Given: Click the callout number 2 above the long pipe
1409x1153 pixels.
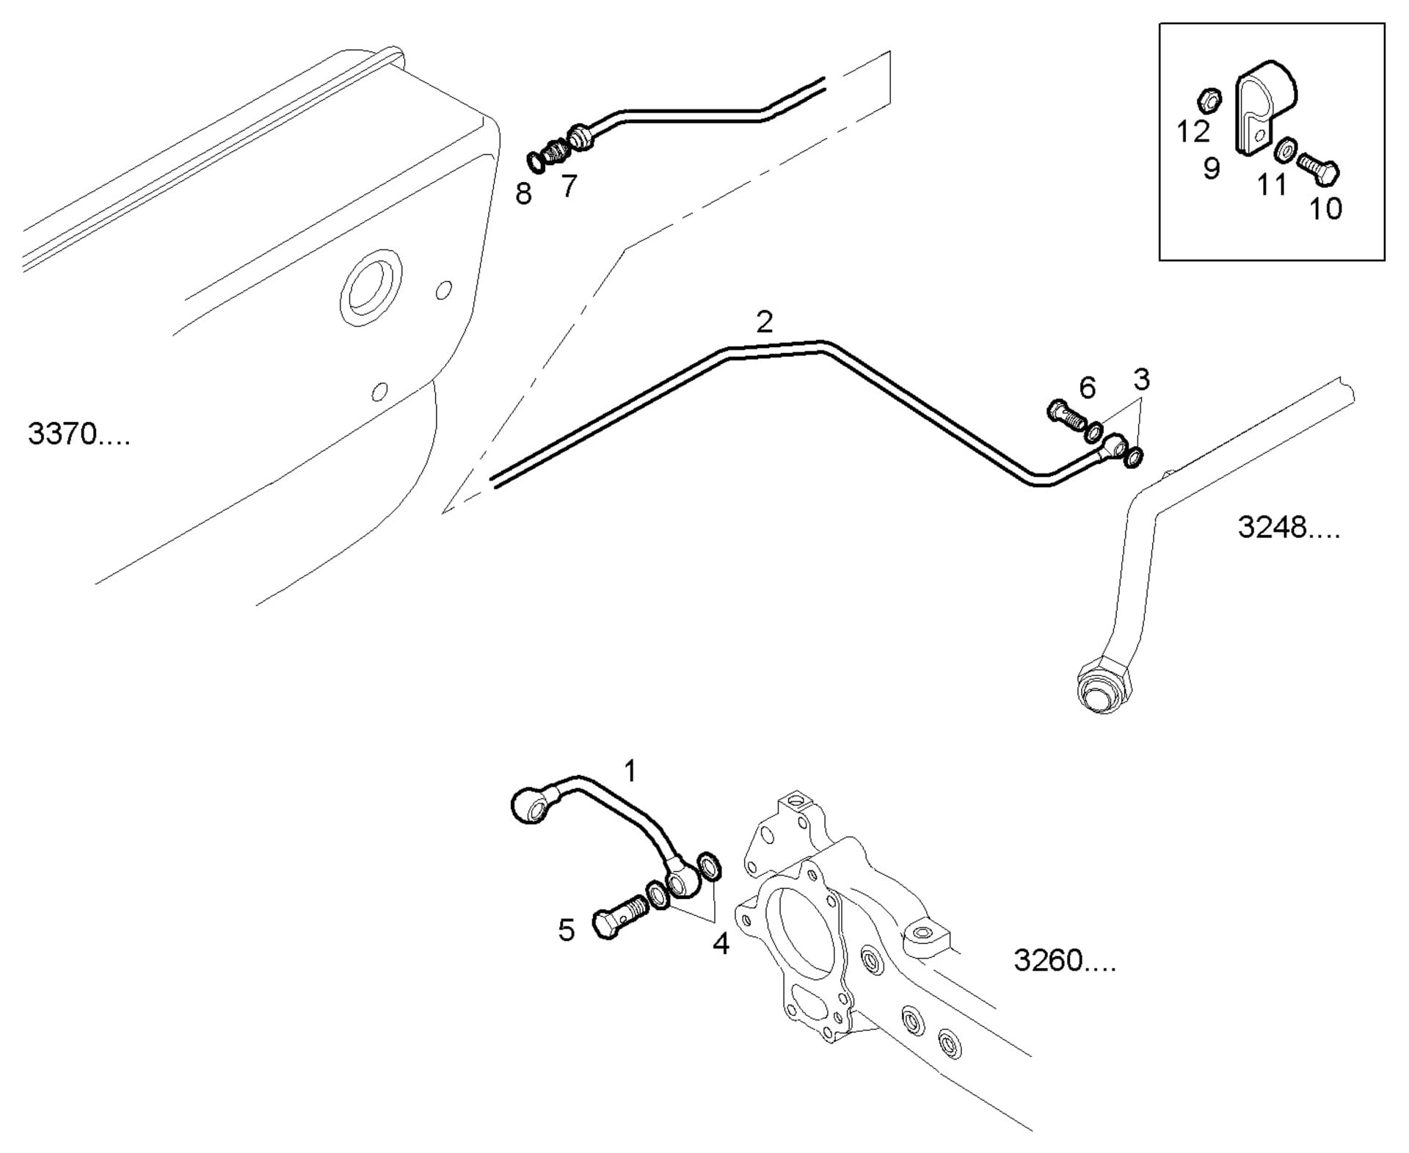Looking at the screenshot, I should pos(764,322).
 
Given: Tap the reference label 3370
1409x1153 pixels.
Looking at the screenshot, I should pos(79,434).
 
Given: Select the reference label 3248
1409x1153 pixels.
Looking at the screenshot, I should pos(1288,528).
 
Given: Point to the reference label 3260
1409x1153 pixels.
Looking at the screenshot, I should pos(1064,960).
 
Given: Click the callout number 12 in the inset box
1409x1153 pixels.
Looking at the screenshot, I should pos(1192,132).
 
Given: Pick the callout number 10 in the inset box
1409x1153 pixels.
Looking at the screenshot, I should pos(1325,209).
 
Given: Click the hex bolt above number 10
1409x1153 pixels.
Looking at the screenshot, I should pos(1318,168).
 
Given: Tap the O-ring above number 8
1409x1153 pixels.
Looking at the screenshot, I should pos(537,161).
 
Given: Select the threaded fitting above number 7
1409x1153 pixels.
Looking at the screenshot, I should pos(556,152).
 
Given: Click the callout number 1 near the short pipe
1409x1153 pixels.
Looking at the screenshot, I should pos(630,771).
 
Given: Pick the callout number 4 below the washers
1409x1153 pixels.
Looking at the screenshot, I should pos(721,945).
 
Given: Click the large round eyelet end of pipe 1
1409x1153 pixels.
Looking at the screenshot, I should pos(531,806).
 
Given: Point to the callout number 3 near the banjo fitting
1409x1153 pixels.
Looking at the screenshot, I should pos(1140,380).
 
